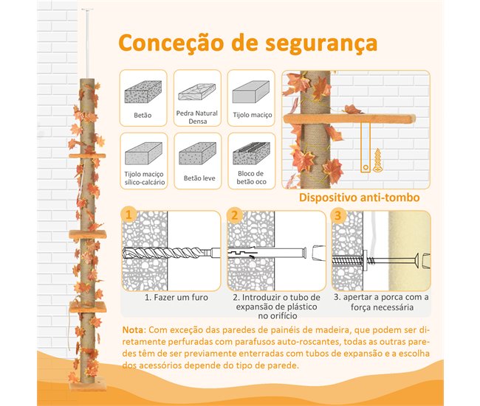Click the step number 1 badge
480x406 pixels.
coord(129,216)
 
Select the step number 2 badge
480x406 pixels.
coord(235,216)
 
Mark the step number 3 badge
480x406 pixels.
coord(339,216)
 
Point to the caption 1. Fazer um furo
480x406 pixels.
coord(176,298)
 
